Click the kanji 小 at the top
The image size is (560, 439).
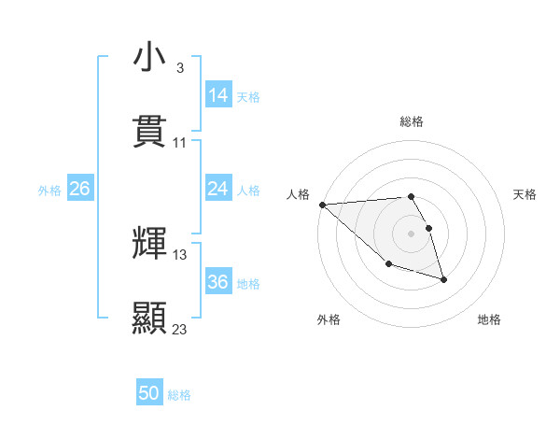(150, 58)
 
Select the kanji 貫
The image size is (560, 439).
(150, 132)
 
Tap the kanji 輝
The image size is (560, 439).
(150, 244)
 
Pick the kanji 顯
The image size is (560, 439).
(150, 319)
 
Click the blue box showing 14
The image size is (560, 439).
(218, 95)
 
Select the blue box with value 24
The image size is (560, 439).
(218, 189)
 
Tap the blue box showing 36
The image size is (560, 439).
(218, 282)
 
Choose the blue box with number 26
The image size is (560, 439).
(80, 189)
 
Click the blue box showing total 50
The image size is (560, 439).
(149, 393)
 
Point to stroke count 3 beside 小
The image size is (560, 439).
(180, 68)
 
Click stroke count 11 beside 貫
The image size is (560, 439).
(180, 143)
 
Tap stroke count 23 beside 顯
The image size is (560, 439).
(180, 330)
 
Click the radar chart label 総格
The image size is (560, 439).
(412, 121)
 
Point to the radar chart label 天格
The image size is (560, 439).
(525, 194)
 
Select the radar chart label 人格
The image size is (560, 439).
(298, 194)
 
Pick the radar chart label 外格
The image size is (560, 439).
(329, 319)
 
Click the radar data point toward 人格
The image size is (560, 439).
(322, 205)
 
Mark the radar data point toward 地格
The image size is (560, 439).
(443, 279)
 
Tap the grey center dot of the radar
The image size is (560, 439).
(412, 234)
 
